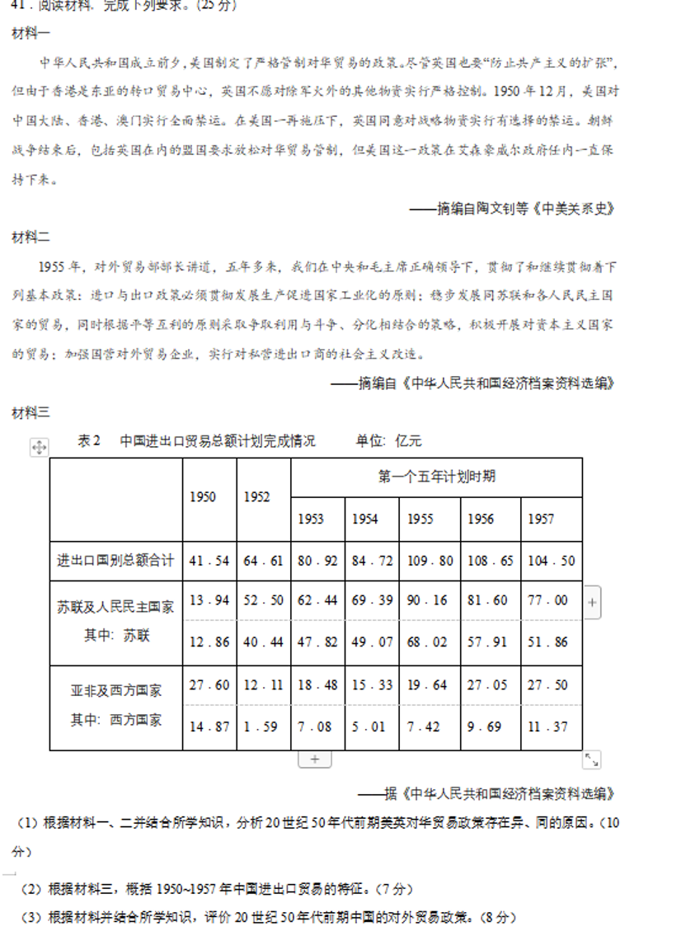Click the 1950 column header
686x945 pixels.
(203, 496)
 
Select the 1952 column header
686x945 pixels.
(257, 496)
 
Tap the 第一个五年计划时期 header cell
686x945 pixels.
(436, 477)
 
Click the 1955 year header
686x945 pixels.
(421, 519)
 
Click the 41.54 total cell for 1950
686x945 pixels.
(209, 561)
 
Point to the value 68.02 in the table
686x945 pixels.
(427, 641)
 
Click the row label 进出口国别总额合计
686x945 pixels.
(115, 561)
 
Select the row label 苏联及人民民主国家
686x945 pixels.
(115, 607)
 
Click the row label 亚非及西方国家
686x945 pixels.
(115, 690)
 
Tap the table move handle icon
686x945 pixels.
(39, 447)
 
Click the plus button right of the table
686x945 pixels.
(592, 603)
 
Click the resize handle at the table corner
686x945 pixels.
(592, 759)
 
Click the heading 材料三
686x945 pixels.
(31, 412)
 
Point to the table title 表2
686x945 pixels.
(88, 440)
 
